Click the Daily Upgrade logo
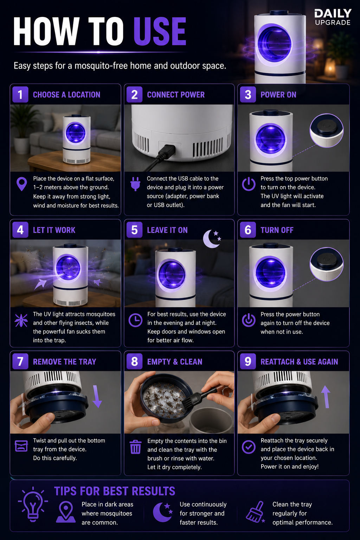click(333, 17)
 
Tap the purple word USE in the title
click(160, 31)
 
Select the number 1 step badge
click(20, 95)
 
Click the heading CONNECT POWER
click(176, 95)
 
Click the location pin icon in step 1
click(21, 184)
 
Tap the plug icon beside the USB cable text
click(135, 184)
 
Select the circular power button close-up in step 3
click(327, 130)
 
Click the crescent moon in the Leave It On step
click(211, 239)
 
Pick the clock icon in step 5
click(135, 320)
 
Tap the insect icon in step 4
click(21, 320)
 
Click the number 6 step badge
click(248, 230)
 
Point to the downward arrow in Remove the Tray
click(97, 397)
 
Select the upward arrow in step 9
click(326, 397)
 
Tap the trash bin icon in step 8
click(135, 447)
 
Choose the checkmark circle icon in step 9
click(249, 447)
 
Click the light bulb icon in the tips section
click(33, 504)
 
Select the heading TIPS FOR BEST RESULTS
click(115, 491)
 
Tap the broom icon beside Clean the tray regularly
click(255, 512)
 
